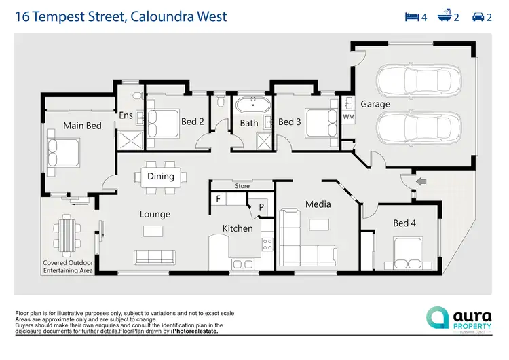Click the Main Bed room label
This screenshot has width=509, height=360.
click(x=82, y=126)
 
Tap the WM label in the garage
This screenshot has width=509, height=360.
click(x=348, y=117)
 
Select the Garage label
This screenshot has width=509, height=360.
click(x=375, y=104)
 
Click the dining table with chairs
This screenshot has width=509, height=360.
click(x=161, y=177)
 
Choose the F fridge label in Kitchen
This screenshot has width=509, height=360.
click(x=219, y=199)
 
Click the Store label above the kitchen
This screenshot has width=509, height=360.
click(x=242, y=185)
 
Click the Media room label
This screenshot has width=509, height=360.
click(x=318, y=204)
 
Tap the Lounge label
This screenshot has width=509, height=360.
click(x=155, y=214)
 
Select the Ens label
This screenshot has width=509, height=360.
click(x=126, y=115)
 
